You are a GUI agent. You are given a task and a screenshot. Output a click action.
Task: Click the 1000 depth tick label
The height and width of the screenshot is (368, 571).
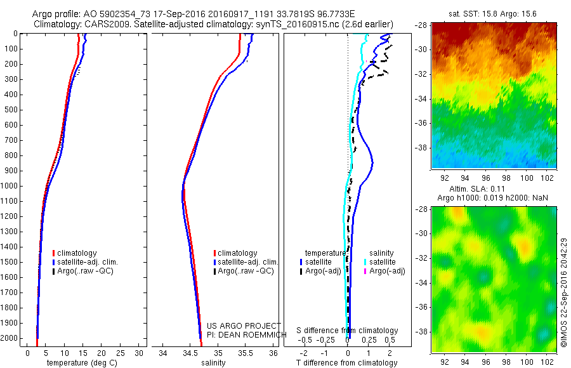[10, 186]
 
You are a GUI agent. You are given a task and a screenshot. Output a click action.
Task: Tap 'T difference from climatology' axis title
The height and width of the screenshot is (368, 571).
[347, 363]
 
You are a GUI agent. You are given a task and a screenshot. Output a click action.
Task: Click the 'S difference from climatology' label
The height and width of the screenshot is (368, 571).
[347, 331]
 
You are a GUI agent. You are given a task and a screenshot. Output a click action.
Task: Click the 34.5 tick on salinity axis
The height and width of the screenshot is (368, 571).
[190, 353]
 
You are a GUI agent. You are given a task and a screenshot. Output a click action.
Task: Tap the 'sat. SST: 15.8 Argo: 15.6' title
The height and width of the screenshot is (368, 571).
[494, 13]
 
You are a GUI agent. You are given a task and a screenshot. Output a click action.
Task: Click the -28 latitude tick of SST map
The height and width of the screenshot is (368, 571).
[424, 25]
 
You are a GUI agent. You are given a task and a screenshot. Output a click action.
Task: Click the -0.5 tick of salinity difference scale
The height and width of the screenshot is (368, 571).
[308, 339]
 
